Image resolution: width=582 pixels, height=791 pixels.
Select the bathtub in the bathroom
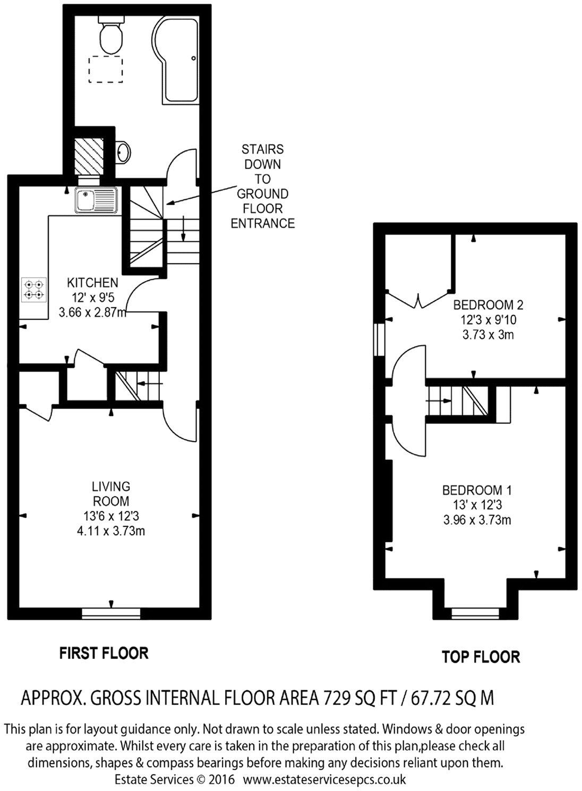[176, 61]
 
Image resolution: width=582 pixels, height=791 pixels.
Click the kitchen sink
[96, 200]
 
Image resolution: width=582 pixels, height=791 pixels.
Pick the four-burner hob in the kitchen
[33, 290]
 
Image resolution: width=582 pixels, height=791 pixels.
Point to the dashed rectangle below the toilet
[106, 69]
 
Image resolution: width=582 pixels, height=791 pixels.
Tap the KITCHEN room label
[92, 282]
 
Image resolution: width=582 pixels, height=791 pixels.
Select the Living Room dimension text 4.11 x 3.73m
[110, 531]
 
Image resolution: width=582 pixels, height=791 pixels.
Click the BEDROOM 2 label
[488, 305]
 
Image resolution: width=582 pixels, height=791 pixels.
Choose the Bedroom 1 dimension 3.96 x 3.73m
[477, 520]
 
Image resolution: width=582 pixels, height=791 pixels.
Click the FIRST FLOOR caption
[104, 653]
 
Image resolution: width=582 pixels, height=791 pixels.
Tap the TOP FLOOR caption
[481, 657]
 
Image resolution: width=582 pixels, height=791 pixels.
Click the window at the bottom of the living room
[111, 614]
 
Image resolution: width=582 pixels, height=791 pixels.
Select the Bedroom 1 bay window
[475, 614]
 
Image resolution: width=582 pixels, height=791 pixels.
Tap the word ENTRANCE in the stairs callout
[262, 223]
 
